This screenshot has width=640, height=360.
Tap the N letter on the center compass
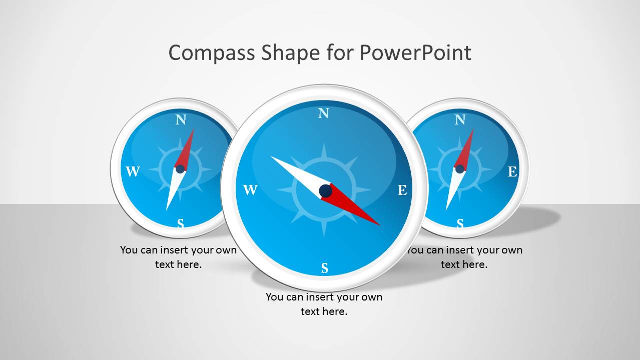(x=324, y=113)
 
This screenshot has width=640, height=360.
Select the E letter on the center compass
(x=402, y=190)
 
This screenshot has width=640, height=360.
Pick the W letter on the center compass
(x=250, y=190)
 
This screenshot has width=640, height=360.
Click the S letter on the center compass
(x=324, y=268)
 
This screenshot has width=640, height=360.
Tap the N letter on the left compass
(x=181, y=120)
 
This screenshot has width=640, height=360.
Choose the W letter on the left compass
(x=133, y=172)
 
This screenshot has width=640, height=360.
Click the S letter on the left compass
(x=181, y=223)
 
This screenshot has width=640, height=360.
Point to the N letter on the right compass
(x=460, y=120)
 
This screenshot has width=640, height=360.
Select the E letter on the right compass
(x=512, y=172)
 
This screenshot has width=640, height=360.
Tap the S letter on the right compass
(x=460, y=223)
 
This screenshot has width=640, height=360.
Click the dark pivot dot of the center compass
(x=325, y=190)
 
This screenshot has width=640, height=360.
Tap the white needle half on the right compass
(x=453, y=189)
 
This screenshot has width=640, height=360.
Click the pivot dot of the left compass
(x=180, y=169)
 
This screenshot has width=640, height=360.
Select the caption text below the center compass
(x=324, y=304)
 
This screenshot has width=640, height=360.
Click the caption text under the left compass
(x=178, y=257)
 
